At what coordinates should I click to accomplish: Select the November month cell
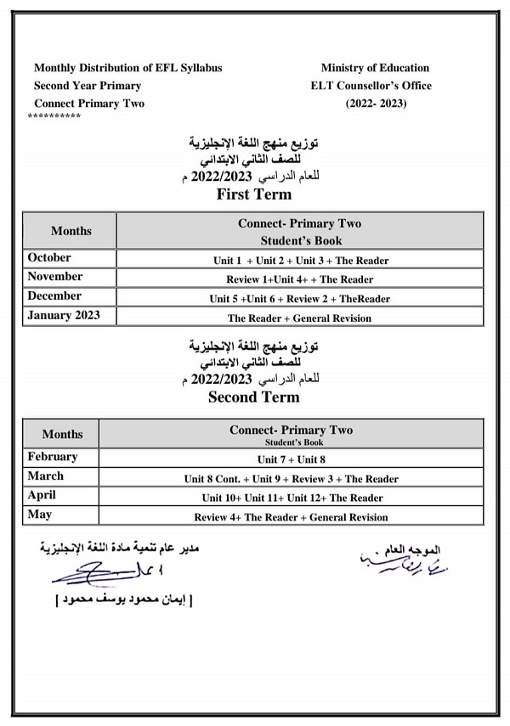55,277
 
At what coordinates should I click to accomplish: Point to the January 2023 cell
64,316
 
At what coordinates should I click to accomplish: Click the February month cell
53,457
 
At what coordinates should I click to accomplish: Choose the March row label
46,476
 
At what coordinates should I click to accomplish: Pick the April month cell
42,496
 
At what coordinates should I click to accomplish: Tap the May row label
40,515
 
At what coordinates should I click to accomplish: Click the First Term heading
254,194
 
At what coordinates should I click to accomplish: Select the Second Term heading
254,397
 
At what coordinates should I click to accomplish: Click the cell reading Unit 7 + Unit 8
291,459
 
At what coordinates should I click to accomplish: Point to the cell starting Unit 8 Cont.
291,479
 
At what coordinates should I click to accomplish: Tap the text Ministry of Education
375,68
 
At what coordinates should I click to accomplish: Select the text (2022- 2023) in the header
377,104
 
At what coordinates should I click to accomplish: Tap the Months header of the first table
71,231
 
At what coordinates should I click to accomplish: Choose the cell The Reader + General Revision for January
299,318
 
